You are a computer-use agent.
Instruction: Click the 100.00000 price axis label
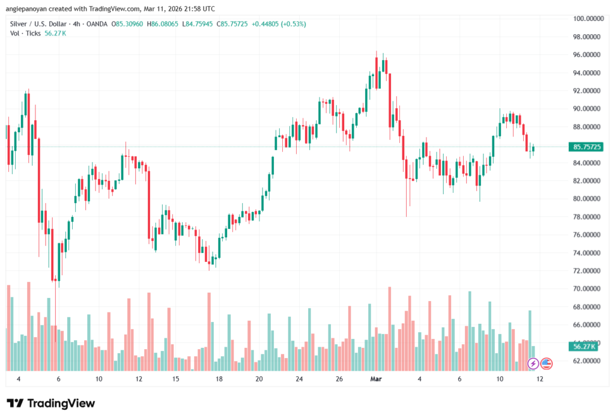[x=587, y=19]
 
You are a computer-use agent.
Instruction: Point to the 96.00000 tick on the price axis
[x=587, y=55]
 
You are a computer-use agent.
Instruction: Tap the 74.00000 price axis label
[x=587, y=253]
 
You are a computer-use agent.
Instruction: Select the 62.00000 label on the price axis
[x=587, y=361]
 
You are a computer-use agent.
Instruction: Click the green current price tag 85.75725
[x=588, y=147]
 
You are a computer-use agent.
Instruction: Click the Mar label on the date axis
[x=377, y=379]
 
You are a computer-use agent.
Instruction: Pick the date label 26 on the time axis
[x=339, y=379]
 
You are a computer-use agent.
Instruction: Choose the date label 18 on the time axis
[x=219, y=379]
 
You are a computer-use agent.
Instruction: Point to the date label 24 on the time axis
[x=299, y=379]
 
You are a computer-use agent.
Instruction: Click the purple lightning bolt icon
[x=533, y=363]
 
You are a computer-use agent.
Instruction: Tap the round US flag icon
[x=546, y=363]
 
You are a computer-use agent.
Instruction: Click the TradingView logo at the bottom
[x=51, y=403]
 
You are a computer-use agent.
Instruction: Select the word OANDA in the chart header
[x=96, y=24]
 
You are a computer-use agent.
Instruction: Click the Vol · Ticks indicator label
[x=26, y=34]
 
